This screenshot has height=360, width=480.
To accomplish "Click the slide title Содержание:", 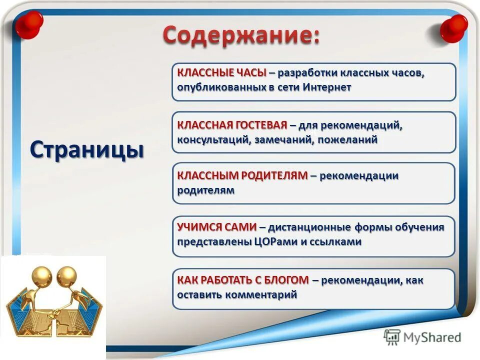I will click(x=241, y=36).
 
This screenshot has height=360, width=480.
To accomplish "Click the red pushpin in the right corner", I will click(x=453, y=28).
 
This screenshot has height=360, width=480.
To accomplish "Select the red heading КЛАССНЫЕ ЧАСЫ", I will click(x=221, y=72).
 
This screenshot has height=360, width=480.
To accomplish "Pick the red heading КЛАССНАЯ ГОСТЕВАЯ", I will click(x=232, y=124).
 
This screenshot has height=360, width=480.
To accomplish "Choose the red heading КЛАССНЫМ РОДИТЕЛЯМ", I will click(x=242, y=175).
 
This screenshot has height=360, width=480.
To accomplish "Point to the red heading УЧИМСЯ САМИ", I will click(x=217, y=227).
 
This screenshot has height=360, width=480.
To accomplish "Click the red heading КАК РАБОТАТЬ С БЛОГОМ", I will click(x=243, y=280).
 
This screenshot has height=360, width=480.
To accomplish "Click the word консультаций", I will click(x=210, y=139).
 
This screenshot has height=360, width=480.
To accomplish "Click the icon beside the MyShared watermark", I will click(x=392, y=337).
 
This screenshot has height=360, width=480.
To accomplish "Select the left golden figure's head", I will click(x=42, y=275).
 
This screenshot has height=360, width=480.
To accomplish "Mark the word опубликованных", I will click(x=219, y=87).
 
